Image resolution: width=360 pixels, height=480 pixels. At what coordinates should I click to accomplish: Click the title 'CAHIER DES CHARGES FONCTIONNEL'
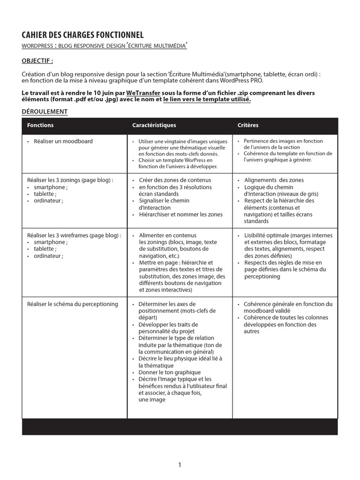(x=82, y=35)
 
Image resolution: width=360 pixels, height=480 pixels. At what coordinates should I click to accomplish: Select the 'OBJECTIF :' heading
(x=37, y=61)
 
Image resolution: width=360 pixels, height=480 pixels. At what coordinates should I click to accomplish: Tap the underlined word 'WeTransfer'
(x=143, y=93)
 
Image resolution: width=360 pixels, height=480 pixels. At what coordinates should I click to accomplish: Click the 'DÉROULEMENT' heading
(x=45, y=112)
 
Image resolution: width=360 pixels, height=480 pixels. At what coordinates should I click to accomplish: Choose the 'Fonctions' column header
(x=40, y=125)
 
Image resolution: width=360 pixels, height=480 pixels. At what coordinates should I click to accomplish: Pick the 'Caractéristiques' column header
(x=154, y=125)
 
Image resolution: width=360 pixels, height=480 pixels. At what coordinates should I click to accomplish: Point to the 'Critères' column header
(x=248, y=125)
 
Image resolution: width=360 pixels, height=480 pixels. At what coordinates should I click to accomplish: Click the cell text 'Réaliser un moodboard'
(x=63, y=141)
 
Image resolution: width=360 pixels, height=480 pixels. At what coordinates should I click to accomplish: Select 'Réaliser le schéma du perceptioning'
(x=73, y=304)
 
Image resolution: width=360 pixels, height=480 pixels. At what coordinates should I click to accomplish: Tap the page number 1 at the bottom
(x=180, y=465)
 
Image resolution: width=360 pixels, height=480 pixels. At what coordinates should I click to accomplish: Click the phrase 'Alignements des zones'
(x=274, y=180)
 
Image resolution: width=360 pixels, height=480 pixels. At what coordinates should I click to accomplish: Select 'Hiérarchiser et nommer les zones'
(x=180, y=214)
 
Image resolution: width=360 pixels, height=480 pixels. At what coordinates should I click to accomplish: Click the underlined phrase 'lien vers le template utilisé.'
(x=207, y=99)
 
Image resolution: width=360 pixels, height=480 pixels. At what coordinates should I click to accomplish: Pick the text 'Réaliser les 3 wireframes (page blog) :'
(x=74, y=235)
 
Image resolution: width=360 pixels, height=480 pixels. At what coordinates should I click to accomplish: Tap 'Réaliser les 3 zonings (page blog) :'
(x=70, y=180)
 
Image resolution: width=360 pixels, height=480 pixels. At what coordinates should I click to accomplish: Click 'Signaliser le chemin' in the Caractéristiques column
(x=164, y=201)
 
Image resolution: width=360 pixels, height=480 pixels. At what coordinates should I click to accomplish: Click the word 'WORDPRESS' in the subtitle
(x=37, y=46)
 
